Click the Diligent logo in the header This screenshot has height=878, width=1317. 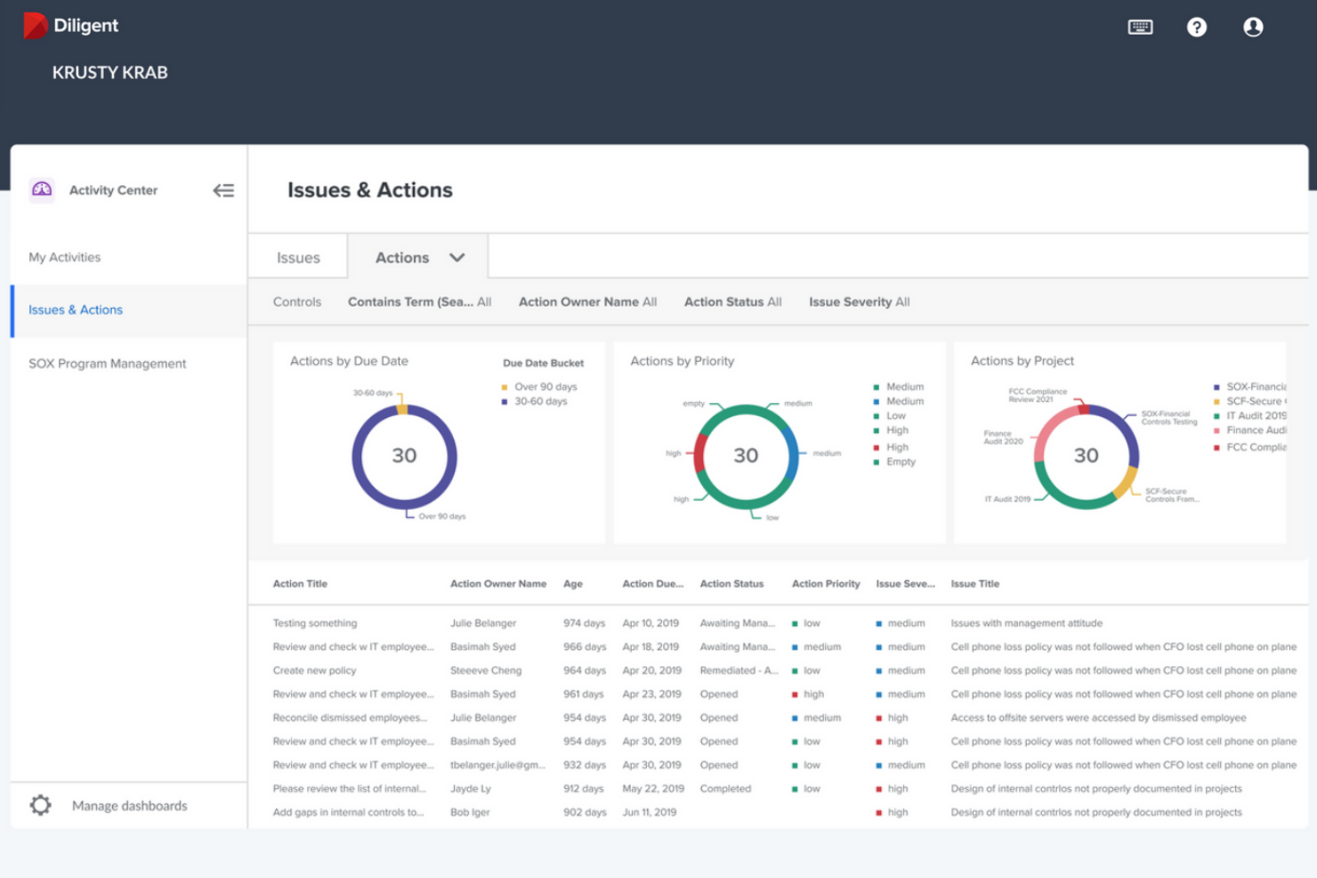(x=71, y=26)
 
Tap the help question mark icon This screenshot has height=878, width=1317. (x=1196, y=28)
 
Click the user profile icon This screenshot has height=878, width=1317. (x=1252, y=28)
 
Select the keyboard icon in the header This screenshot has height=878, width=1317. (x=1139, y=28)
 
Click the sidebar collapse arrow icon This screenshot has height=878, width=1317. (x=223, y=190)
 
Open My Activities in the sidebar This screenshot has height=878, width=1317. (x=65, y=257)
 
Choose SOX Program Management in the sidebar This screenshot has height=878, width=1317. (x=108, y=364)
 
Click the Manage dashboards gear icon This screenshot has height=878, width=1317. (x=41, y=805)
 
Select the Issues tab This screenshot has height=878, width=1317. (x=298, y=258)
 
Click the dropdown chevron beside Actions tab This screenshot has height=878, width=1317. (x=457, y=258)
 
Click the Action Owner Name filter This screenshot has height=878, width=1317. (x=587, y=302)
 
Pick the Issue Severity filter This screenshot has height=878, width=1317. (x=859, y=302)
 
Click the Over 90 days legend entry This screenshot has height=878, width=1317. (x=545, y=387)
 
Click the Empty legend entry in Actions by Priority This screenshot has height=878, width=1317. (x=900, y=462)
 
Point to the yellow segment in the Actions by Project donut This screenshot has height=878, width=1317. (x=1126, y=481)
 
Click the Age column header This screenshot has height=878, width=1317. (x=573, y=584)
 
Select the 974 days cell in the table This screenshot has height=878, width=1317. (x=584, y=624)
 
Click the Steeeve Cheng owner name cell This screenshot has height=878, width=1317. (x=486, y=671)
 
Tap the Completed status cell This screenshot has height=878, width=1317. (x=725, y=789)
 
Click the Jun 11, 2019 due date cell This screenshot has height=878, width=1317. (x=650, y=812)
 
